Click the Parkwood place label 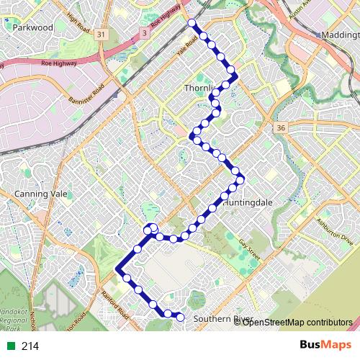point(33,27)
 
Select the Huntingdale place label point(248,203)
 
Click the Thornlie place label point(200,89)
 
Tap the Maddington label point(340,34)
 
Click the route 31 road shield point(102,35)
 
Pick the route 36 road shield point(280,127)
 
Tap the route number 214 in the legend point(30,346)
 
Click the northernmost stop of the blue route point(192,24)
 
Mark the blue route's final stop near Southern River point(180,318)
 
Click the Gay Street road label point(249,248)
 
